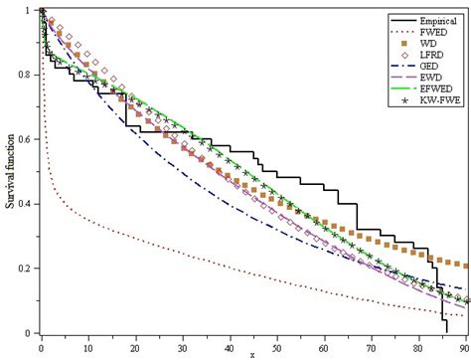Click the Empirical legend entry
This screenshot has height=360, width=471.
438,19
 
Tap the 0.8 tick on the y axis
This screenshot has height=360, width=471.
28,76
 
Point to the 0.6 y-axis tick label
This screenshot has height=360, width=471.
28,140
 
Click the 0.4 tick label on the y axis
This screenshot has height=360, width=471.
28,204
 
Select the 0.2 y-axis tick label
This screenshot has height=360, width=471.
28,269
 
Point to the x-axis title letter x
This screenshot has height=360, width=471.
252,354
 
